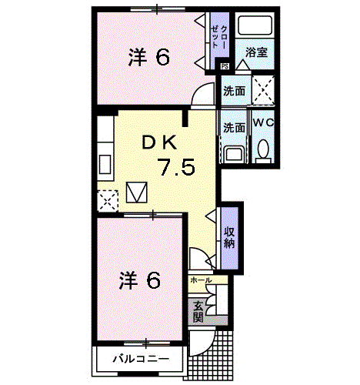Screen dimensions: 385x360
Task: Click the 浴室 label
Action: [256, 53]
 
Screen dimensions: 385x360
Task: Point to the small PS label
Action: [225, 68]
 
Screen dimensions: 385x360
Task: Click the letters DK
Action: [160, 142]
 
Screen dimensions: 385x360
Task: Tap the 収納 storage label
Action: [230, 238]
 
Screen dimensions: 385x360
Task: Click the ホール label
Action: [200, 280]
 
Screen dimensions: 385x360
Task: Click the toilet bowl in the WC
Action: [263, 149]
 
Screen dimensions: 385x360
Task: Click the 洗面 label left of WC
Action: [235, 128]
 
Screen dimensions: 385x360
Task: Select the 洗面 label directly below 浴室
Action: [235, 91]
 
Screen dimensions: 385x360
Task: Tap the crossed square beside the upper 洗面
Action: [264, 91]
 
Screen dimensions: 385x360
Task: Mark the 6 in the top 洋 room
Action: [162, 57]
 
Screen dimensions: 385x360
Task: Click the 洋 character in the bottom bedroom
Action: [128, 281]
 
